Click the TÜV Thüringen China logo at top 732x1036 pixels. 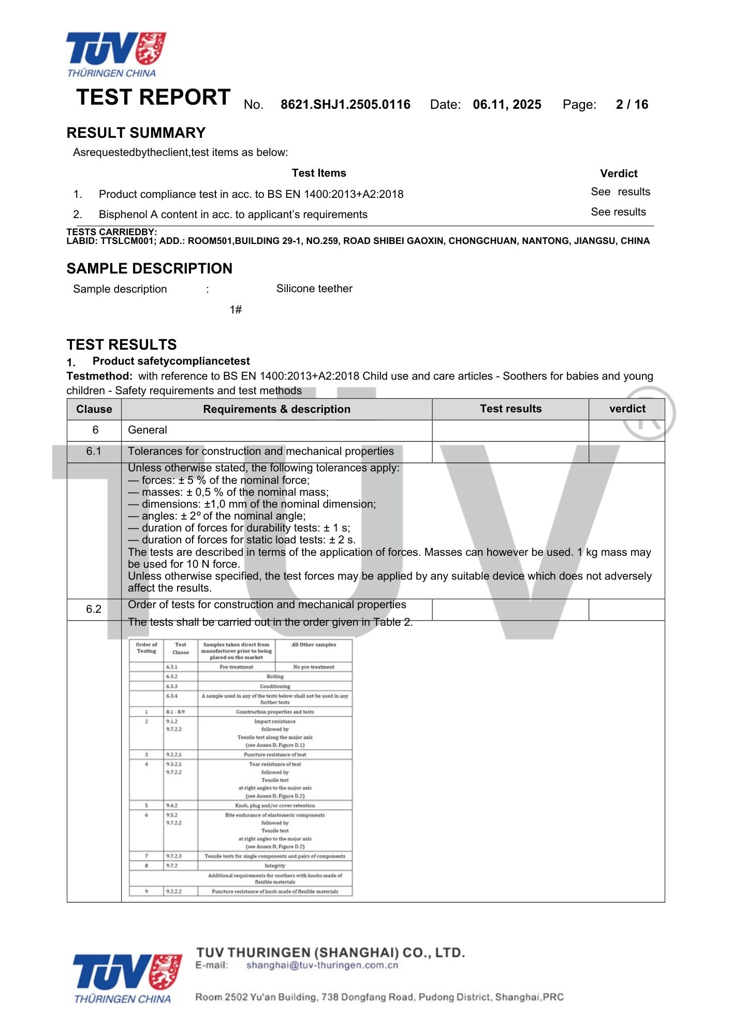tap(115, 54)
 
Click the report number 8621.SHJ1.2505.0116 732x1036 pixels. tap(345, 105)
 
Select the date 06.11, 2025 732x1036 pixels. tap(507, 105)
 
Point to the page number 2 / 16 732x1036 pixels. tap(632, 105)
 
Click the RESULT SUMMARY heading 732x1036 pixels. tap(136, 133)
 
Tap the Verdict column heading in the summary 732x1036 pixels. tap(619, 174)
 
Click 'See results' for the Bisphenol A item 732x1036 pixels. tap(618, 212)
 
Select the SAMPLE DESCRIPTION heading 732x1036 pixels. tap(149, 268)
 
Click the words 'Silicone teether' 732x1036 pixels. tap(314, 289)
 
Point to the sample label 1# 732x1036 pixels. tap(236, 310)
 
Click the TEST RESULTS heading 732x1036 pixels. tap(122, 344)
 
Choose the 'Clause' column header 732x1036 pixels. tap(94, 409)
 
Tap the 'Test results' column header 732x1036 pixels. tap(510, 409)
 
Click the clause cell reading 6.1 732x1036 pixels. tap(94, 451)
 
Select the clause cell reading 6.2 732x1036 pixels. tap(94, 609)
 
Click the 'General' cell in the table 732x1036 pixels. tap(148, 430)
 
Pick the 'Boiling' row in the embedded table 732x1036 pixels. tap(275, 677)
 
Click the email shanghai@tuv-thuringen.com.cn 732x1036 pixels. tap(322, 965)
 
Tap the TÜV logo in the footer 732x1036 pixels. tap(127, 978)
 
